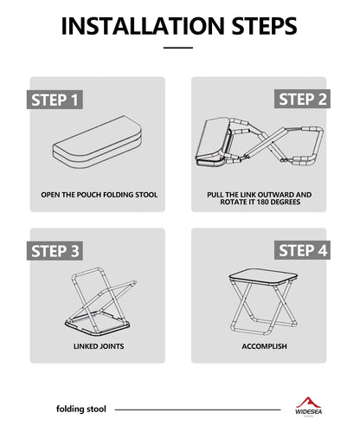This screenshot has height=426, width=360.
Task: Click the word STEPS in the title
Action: click(264, 26)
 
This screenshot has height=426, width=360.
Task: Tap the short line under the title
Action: click(178, 48)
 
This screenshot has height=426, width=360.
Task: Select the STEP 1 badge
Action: click(55, 100)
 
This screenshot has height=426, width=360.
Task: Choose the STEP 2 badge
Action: click(302, 99)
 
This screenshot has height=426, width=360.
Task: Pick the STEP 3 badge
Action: click(55, 251)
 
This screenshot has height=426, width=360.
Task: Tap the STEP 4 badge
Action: click(302, 250)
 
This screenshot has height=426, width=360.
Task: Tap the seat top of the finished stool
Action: click(263, 278)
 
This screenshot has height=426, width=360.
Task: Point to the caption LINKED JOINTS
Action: click(99, 346)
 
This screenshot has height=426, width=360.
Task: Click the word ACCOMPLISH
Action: click(264, 346)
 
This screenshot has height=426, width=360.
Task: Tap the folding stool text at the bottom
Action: click(81, 409)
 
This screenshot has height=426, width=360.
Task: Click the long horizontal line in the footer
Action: click(197, 410)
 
